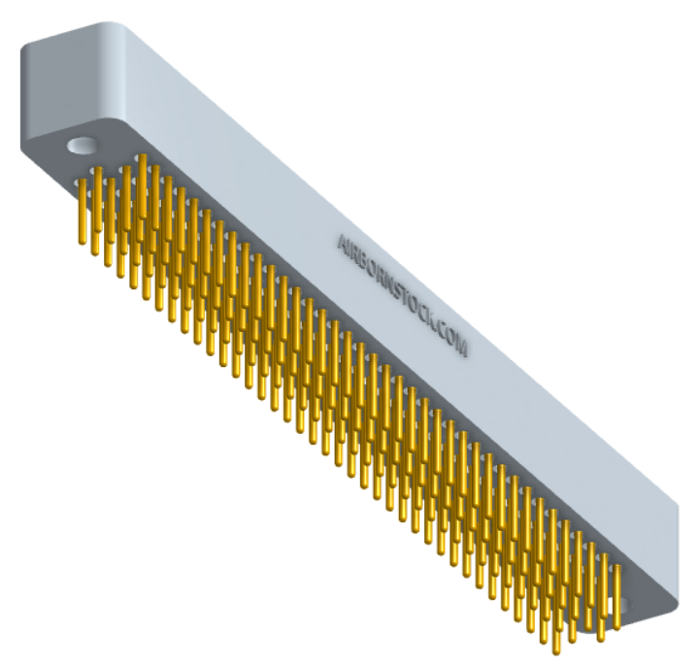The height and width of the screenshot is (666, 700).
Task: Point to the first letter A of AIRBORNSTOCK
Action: pyautogui.click(x=342, y=241)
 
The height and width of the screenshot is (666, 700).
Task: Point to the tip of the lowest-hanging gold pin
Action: pyautogui.click(x=556, y=649)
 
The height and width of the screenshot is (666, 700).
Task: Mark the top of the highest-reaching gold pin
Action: pyautogui.click(x=142, y=157)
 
